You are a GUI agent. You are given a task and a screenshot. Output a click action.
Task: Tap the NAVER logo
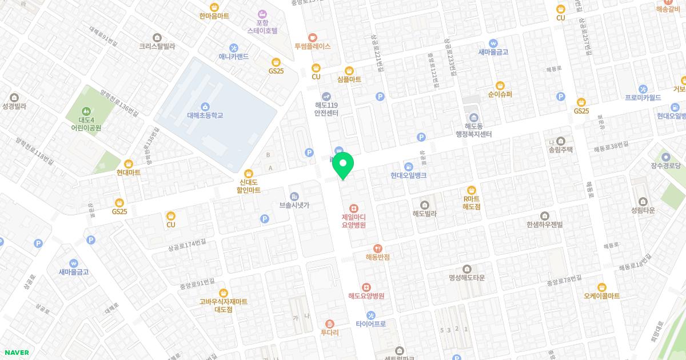16,353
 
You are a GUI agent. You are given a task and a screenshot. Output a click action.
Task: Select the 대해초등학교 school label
205,115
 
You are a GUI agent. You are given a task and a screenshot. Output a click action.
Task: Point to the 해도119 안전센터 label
326,109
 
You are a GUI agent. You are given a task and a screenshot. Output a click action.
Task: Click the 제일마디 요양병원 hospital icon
353,208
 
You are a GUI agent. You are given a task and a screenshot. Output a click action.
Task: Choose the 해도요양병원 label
366,296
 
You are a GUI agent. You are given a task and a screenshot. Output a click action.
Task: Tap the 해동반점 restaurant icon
377,248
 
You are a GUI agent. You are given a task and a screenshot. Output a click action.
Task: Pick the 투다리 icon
329,323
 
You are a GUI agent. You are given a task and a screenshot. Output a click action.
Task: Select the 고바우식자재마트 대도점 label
223,305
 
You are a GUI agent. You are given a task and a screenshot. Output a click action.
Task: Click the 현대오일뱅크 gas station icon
408,166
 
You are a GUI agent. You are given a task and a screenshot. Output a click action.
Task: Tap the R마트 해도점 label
471,202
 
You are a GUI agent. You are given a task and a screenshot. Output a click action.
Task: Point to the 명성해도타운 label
466,278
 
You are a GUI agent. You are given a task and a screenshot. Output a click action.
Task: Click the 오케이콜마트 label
601,296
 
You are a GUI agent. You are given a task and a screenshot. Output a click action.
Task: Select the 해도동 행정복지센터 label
470,130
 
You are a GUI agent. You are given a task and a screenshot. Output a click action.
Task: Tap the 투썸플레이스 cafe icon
312,37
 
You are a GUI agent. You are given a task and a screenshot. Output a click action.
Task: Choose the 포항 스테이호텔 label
262,26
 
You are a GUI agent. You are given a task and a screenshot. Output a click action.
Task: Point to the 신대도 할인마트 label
248,186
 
